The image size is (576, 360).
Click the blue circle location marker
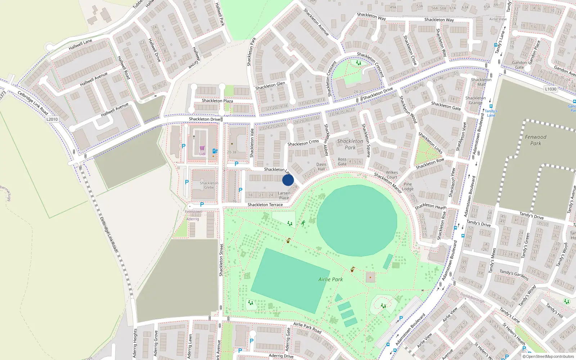pos(288,180)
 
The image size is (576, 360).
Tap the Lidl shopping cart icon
pos(202,148)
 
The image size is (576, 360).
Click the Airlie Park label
pos(330,279)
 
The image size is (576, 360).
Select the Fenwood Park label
pos(536,140)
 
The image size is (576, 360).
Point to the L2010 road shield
pos(52,119)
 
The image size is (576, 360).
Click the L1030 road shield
pos(550,89)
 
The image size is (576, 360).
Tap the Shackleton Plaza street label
pos(217,101)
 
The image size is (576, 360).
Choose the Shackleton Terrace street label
pos(265,205)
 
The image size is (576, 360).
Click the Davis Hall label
pos(321,166)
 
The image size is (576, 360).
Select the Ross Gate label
pos(342,162)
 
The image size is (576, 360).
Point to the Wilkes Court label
pos(392,175)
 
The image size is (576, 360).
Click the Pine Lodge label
pos(408,186)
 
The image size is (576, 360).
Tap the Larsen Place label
pos(284,195)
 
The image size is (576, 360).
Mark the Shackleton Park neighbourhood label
pos(350,144)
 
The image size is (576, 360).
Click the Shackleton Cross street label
pos(303,143)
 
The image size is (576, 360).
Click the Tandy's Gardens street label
pos(514,275)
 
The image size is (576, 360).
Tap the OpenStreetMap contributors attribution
pos(550,357)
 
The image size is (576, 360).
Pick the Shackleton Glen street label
pos(270,86)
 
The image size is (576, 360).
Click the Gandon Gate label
pos(519,65)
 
